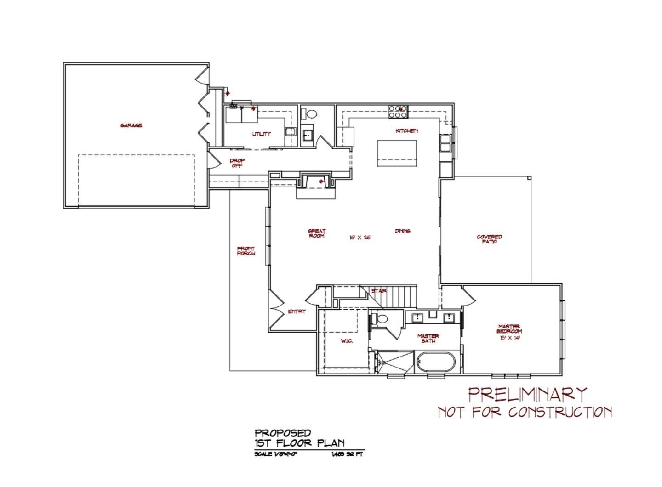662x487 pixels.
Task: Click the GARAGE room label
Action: [x=131, y=125]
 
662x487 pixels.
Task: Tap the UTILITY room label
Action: [x=261, y=134]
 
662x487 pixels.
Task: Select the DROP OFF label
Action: [x=237, y=163]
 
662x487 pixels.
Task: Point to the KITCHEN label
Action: [x=407, y=131]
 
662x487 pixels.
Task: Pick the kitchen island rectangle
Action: [x=397, y=153]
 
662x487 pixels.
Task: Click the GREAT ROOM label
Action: [x=317, y=233]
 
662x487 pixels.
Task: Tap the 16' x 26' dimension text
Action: [x=360, y=238]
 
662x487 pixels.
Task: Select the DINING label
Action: [x=402, y=231]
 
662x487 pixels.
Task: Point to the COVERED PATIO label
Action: [x=490, y=239]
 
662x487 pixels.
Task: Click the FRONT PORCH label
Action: [x=246, y=251]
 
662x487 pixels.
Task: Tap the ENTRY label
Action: [x=297, y=311]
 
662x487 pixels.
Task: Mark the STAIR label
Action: [x=379, y=291]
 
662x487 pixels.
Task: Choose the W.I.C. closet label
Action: [x=347, y=341]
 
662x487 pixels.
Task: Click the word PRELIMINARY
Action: [x=528, y=394]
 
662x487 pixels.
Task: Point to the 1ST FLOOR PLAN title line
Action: [x=299, y=443]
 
